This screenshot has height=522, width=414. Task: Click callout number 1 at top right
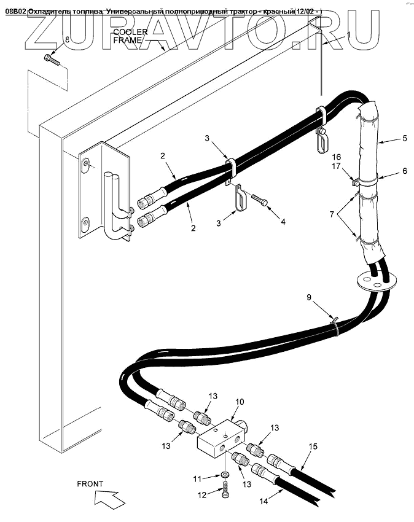348,35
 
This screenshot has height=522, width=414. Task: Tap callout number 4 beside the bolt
283,221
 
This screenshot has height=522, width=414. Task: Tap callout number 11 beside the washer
198,478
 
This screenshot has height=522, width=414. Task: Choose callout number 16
335,157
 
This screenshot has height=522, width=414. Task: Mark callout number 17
335,166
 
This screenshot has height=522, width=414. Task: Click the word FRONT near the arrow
90,484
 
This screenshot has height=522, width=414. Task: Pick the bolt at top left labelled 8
50,60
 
